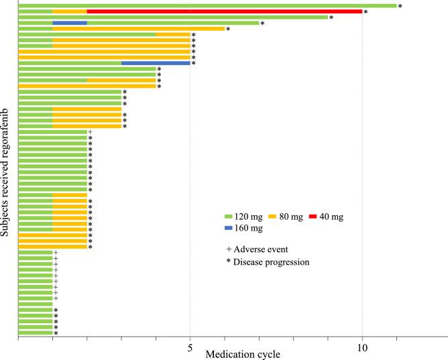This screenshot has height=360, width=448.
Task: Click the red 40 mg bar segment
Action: coord(225,11)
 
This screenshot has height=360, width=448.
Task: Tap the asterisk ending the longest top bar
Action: coord(400,7)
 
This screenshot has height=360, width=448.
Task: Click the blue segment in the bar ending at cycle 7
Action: coord(70,23)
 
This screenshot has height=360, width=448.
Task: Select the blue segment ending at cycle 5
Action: coord(156,63)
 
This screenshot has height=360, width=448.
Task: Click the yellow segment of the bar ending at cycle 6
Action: coord(138,29)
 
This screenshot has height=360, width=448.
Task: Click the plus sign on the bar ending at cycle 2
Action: coord(90,132)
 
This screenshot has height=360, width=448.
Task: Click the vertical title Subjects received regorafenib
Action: coord(5,172)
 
